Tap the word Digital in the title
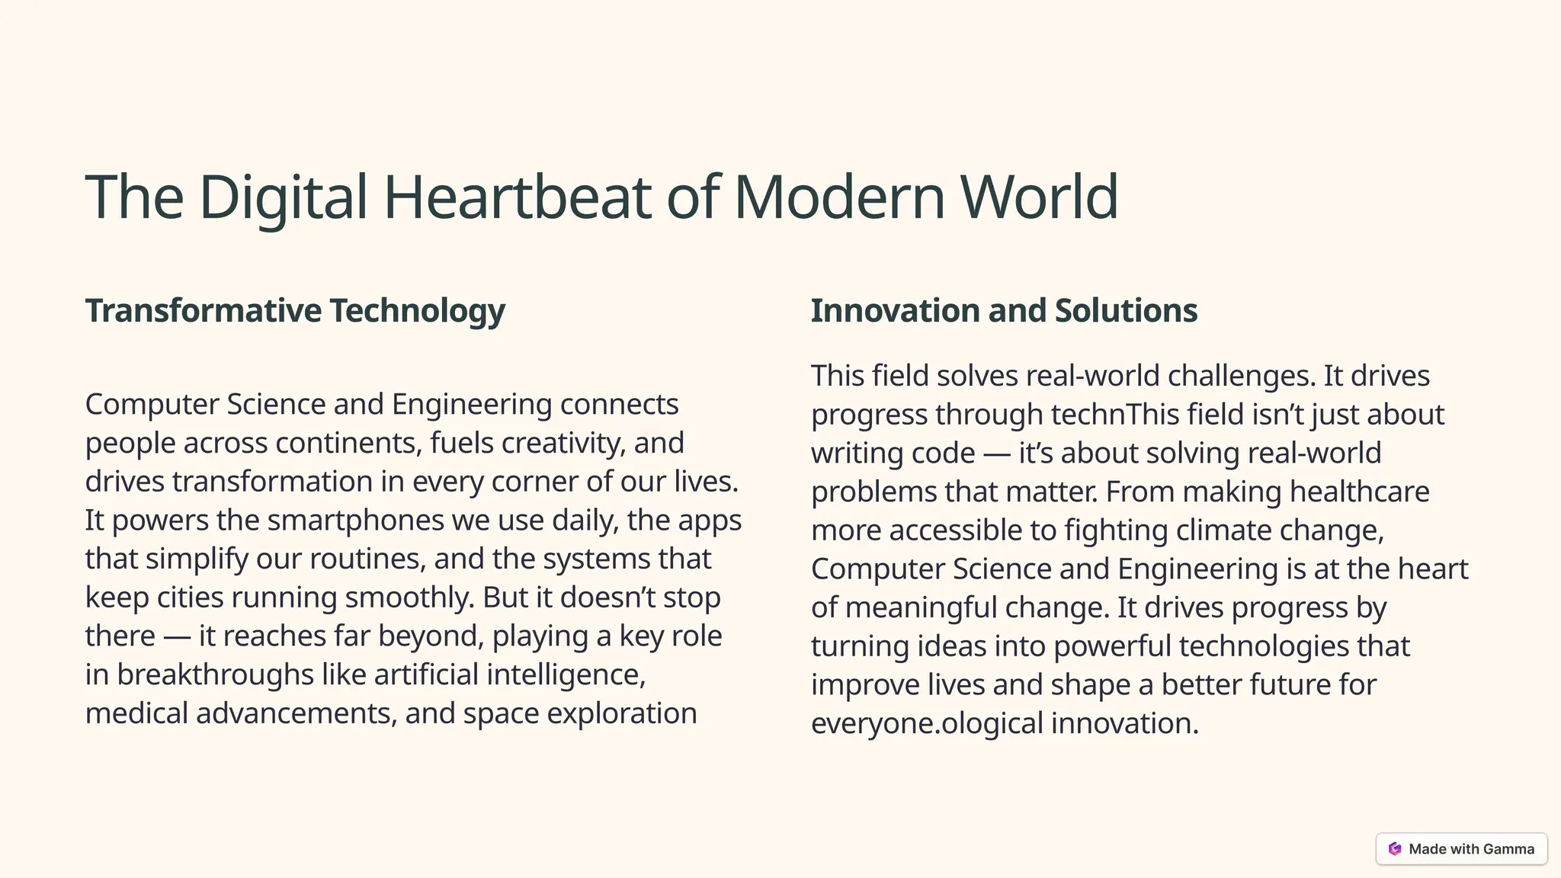283,197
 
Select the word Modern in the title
839,197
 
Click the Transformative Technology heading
295,310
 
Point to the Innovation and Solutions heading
1004,310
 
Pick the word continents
348,443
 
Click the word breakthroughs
215,675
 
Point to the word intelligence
565,675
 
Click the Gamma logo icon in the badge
1395,849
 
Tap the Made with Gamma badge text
1471,849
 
